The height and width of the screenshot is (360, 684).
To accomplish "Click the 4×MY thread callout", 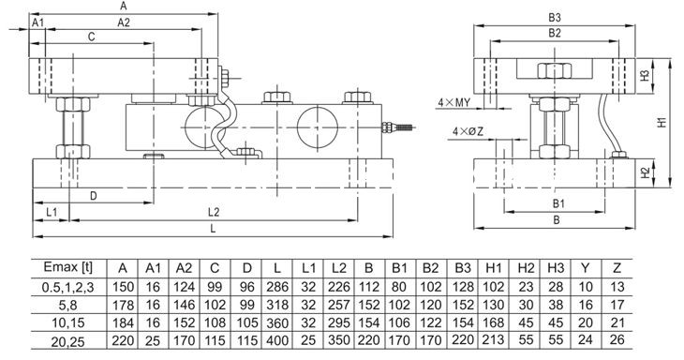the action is pyautogui.click(x=454, y=102).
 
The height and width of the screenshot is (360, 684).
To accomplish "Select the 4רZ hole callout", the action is pyautogui.click(x=468, y=131).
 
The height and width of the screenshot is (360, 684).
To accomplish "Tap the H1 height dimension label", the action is pyautogui.click(x=662, y=121).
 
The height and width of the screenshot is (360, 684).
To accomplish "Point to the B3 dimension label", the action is pyautogui.click(x=555, y=18).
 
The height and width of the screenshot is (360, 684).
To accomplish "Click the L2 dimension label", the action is pyautogui.click(x=214, y=213).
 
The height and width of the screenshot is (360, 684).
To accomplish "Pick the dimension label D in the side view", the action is pyautogui.click(x=94, y=196).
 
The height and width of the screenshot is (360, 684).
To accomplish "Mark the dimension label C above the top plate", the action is pyautogui.click(x=91, y=37).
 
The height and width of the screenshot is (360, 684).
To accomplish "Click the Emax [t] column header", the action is pyautogui.click(x=68, y=267).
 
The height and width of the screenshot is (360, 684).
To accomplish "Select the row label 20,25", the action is pyautogui.click(x=68, y=341).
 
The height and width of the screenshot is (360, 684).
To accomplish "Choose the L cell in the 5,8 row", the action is pyautogui.click(x=277, y=305).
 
